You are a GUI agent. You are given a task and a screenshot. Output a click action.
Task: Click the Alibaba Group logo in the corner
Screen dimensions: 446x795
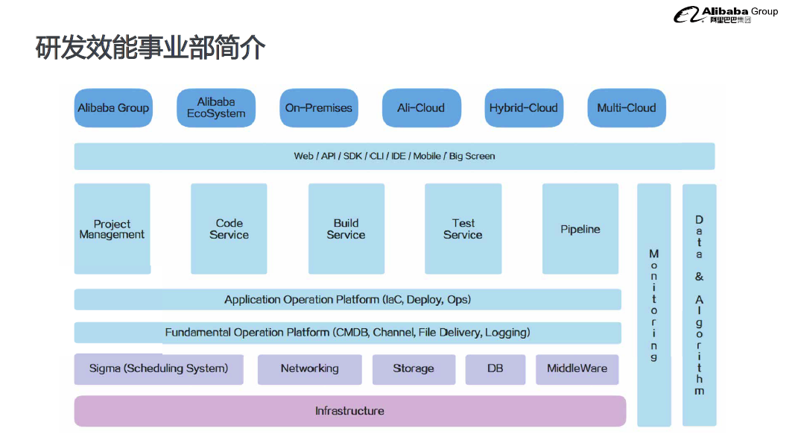point(726,14)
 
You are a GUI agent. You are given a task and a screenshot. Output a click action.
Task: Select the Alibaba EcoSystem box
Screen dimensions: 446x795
point(216,108)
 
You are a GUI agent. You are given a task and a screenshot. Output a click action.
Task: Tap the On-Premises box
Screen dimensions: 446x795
point(318,108)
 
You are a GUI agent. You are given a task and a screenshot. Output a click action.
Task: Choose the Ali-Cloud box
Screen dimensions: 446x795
point(421,108)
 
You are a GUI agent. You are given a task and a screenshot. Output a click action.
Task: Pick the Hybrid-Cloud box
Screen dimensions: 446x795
point(524,108)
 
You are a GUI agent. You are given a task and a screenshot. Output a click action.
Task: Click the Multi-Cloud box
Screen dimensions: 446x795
point(627,108)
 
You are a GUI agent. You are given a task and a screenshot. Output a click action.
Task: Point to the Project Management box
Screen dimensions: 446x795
point(113,229)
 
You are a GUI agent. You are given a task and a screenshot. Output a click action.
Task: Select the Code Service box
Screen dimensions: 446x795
point(229,229)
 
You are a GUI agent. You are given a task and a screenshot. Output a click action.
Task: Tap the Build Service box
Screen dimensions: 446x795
point(346,229)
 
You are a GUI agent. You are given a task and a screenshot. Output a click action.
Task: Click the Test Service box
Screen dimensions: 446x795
point(463,229)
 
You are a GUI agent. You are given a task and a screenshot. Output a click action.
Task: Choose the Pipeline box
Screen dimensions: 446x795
point(580,229)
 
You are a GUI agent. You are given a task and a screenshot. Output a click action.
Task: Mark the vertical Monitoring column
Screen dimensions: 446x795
point(654,305)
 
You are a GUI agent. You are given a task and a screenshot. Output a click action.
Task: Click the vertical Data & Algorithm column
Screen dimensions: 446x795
point(700,305)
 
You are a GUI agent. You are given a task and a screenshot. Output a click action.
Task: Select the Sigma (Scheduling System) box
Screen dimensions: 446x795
point(159,369)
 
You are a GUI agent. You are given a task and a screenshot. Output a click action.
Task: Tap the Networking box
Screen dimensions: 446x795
point(309,369)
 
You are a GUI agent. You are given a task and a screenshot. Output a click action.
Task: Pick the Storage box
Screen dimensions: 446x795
point(414,369)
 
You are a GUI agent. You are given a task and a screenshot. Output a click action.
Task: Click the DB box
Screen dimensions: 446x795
point(495,369)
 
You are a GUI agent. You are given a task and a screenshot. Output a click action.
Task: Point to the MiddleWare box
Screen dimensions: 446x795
point(577,369)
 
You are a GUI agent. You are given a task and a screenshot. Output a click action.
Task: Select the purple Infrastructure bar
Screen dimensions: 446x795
point(349,411)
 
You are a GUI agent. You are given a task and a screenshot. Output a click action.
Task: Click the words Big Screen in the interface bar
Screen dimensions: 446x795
point(472,157)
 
